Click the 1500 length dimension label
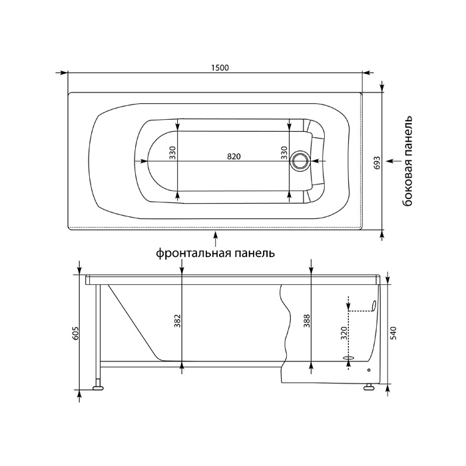point(220,68)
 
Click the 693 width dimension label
point(377,162)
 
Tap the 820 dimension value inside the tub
point(234,156)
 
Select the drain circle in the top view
point(300,161)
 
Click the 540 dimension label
point(394,334)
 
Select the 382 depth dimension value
point(178,321)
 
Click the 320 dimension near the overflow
point(344,333)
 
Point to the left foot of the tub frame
point(99,387)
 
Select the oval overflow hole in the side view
point(374,306)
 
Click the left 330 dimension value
point(173,152)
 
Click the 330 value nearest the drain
point(284,152)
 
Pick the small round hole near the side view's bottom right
point(369,370)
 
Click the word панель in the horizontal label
point(255,253)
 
